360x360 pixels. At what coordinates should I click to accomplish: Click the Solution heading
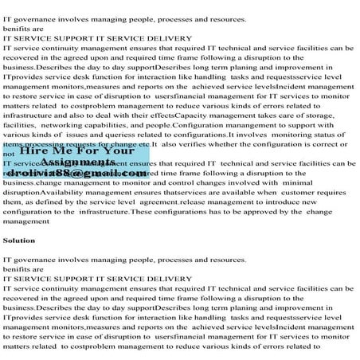click(19, 238)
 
